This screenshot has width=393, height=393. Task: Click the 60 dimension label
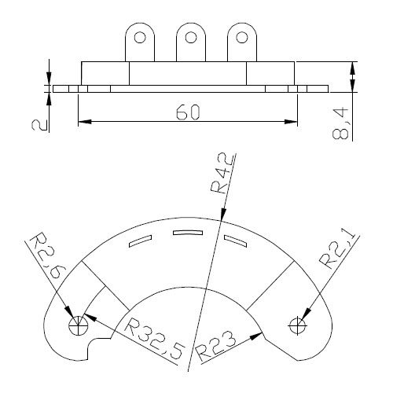188,112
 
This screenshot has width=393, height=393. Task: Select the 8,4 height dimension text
340,123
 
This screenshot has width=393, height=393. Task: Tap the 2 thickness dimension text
40,125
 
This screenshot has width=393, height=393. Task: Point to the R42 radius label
222,173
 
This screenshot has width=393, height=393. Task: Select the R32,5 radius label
155,339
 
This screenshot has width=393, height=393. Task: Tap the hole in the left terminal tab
140,38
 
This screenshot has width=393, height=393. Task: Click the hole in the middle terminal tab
191,37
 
